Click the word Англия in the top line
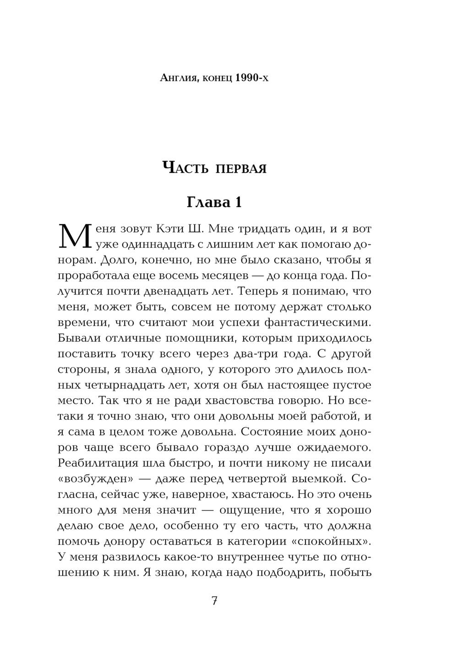click(x=178, y=78)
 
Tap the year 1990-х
click(x=252, y=78)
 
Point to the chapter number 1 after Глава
click(x=237, y=202)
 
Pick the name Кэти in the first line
click(x=173, y=228)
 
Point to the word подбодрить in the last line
click(x=288, y=573)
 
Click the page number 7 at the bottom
click(x=214, y=601)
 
